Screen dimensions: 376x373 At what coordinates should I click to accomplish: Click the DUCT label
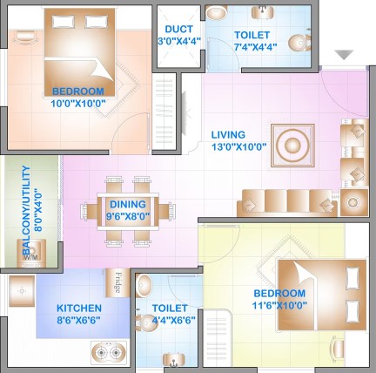[178, 29]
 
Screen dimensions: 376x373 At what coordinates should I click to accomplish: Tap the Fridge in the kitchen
[117, 282]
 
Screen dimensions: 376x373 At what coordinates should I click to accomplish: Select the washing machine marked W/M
[31, 253]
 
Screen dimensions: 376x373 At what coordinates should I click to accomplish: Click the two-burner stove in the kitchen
[109, 353]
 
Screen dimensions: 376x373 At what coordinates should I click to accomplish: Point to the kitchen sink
[22, 291]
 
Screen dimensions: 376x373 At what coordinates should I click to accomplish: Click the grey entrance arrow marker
[344, 55]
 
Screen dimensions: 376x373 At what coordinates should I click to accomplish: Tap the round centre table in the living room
[292, 146]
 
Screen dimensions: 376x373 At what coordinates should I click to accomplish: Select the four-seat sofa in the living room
[287, 203]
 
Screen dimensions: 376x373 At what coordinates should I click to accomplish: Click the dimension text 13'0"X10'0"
[239, 147]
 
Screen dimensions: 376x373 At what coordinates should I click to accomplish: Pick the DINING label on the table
[128, 204]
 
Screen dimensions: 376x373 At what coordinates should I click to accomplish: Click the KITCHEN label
[79, 308]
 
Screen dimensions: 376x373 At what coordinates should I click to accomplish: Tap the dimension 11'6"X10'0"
[279, 306]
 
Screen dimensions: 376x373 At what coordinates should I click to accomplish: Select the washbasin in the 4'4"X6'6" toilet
[144, 286]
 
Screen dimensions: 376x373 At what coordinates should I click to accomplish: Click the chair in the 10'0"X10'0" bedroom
[26, 37]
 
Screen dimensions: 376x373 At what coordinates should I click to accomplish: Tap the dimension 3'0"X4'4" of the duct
[179, 41]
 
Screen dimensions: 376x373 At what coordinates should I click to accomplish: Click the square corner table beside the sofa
[354, 202]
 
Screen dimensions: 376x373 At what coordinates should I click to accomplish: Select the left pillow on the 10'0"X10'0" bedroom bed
[64, 22]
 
